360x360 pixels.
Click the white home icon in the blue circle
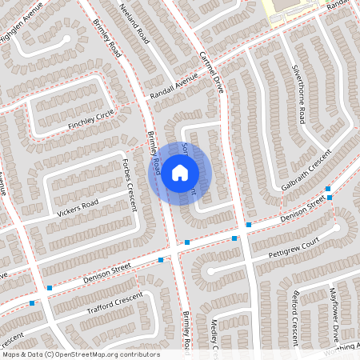tap(180, 172)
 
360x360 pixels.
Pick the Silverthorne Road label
tap(298, 94)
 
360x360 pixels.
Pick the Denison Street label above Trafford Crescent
tap(106, 276)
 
